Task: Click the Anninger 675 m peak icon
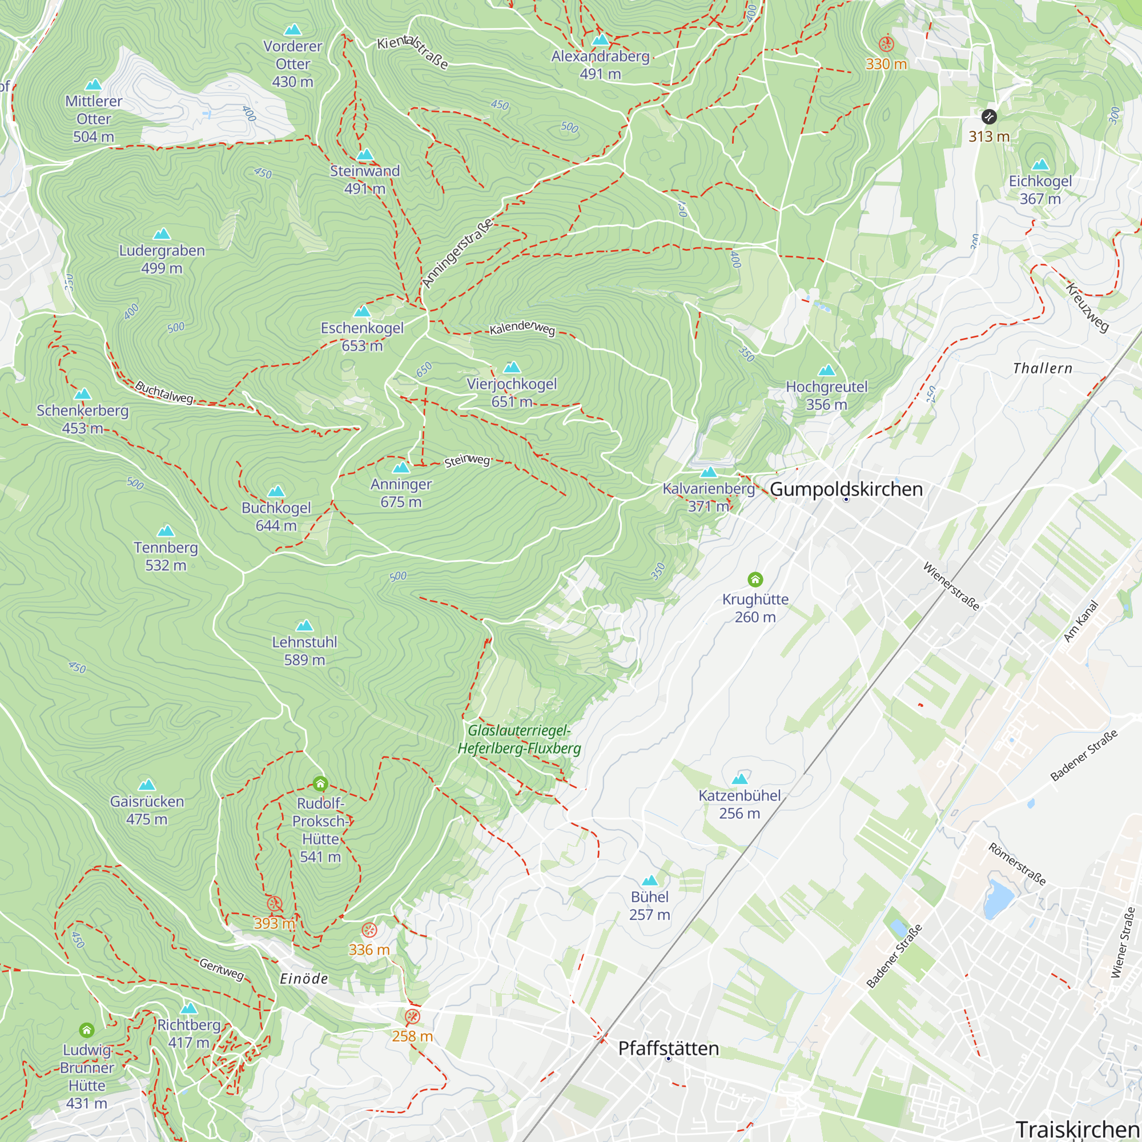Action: pyautogui.click(x=401, y=468)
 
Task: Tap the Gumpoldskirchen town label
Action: pyautogui.click(x=846, y=489)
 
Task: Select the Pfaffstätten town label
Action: pyautogui.click(x=669, y=1048)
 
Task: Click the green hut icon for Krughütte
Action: pyautogui.click(x=755, y=579)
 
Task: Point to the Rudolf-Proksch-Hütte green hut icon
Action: pyautogui.click(x=320, y=784)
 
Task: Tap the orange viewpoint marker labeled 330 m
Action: pyautogui.click(x=886, y=44)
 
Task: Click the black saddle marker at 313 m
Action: pyautogui.click(x=989, y=116)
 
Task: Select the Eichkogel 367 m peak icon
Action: pyautogui.click(x=1040, y=164)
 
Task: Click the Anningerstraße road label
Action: pyautogui.click(x=457, y=253)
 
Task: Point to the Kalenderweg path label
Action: pyautogui.click(x=522, y=328)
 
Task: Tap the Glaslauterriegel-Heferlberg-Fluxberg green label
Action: pyautogui.click(x=519, y=739)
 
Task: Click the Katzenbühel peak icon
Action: pyautogui.click(x=739, y=779)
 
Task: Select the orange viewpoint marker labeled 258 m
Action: pyautogui.click(x=413, y=1017)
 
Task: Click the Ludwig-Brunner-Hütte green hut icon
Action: pyautogui.click(x=87, y=1030)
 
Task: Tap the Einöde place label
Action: pyautogui.click(x=304, y=979)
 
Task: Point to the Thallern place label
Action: pyautogui.click(x=1043, y=368)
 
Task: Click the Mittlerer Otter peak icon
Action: pyautogui.click(x=94, y=85)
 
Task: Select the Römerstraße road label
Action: pyautogui.click(x=1017, y=864)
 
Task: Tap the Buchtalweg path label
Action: pyautogui.click(x=164, y=392)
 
